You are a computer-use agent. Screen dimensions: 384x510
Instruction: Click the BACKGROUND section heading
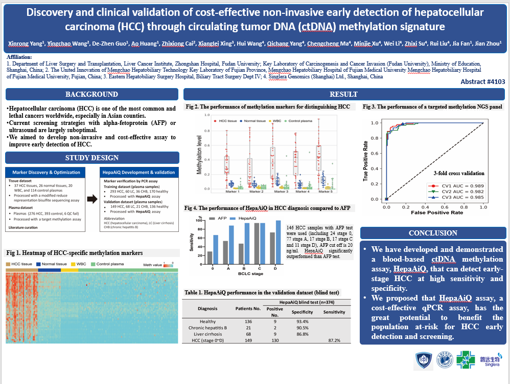coord(91,94)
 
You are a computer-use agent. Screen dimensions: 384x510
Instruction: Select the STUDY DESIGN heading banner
coord(91,158)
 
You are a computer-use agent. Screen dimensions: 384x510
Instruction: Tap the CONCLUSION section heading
coord(433,233)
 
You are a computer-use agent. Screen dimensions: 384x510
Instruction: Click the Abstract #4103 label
coord(482,81)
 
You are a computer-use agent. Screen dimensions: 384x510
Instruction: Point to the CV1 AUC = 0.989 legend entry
coord(457,185)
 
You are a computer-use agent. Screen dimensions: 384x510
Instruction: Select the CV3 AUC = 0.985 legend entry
coord(457,197)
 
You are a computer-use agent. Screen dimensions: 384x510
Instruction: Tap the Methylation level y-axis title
coord(193,152)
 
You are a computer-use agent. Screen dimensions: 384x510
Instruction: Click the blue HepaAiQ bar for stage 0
coord(216,243)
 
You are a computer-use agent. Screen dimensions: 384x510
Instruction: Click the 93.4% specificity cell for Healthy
coord(302,322)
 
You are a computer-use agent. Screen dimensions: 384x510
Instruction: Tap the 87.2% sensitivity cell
coord(334,340)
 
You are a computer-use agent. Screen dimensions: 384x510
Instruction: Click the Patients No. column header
coord(248,309)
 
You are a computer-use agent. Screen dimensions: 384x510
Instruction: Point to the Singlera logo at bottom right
coord(489,359)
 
